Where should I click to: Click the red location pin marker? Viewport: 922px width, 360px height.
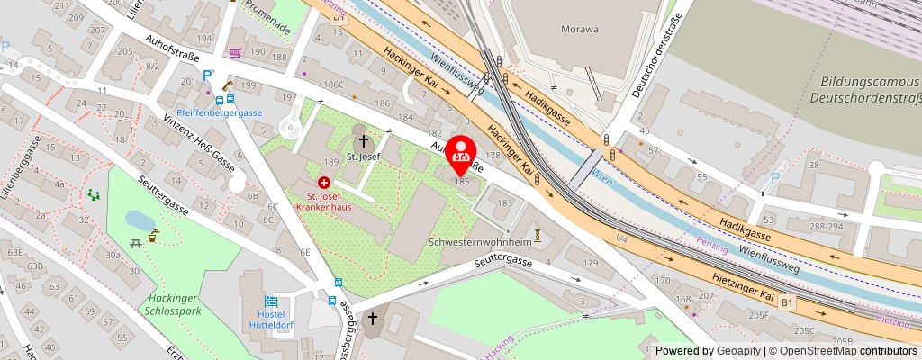(462, 153)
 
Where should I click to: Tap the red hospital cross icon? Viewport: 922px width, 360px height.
(323, 183)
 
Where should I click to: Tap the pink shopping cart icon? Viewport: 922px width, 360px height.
(235, 53)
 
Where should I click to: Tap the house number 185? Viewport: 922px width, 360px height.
(463, 181)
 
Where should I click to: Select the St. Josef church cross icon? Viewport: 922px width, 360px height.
(365, 140)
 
